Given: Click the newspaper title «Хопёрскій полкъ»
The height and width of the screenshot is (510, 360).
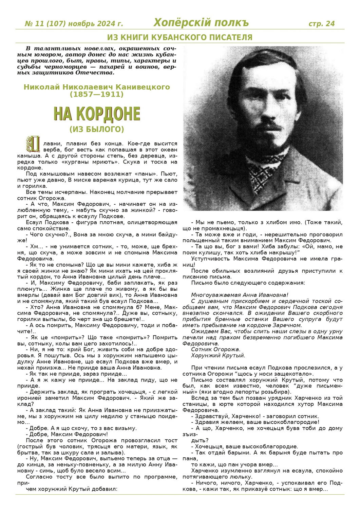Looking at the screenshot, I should click(201, 22).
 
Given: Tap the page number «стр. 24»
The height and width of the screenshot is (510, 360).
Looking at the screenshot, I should click(321, 23).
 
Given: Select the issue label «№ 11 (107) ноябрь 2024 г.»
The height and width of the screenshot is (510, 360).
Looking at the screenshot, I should click(74, 24).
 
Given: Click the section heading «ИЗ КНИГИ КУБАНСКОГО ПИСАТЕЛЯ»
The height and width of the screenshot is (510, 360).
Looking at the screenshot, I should click(180, 37).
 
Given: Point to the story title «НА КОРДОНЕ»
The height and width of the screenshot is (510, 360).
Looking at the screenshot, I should click(97, 114).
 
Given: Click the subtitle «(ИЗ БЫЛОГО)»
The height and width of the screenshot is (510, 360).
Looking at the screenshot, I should click(97, 130).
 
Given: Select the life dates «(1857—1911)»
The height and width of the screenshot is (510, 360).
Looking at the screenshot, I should click(97, 94).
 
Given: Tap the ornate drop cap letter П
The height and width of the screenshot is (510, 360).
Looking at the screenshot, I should click(33, 144).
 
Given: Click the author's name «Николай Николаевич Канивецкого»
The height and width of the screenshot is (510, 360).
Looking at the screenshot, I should click(97, 87).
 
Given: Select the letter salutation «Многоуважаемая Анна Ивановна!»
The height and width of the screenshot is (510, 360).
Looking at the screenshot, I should click(240, 295).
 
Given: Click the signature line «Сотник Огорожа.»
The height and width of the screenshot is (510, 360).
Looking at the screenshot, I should click(215, 350).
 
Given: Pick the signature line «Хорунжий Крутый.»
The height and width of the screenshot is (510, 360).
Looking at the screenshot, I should click(218, 356).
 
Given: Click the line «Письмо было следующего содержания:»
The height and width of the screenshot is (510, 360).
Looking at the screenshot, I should click(248, 283).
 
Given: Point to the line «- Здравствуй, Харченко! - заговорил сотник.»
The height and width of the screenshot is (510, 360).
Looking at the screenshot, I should click(255, 416).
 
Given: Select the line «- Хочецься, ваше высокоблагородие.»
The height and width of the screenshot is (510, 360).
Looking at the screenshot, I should click(244, 446).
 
